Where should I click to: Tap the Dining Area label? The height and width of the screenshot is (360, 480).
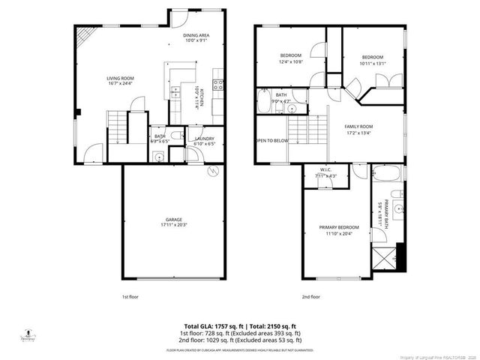(196, 35)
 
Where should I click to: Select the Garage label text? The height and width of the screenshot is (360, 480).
(174, 220)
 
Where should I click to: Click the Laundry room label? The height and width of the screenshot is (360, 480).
(205, 139)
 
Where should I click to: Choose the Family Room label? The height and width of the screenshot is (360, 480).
(358, 127)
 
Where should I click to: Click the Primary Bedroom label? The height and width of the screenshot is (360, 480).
(338, 227)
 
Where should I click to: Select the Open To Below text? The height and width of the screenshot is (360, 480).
(271, 140)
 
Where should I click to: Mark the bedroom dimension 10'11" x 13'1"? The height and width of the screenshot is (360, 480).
(372, 63)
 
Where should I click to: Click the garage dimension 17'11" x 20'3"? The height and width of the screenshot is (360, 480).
(174, 225)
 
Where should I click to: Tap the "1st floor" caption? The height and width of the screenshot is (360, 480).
(130, 296)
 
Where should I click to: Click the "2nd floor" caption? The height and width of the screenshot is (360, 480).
(310, 296)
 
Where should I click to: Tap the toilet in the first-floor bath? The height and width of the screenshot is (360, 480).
(158, 155)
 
